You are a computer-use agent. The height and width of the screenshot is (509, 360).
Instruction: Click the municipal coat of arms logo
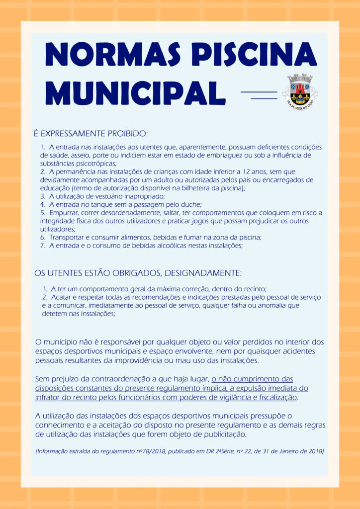[x=300, y=90]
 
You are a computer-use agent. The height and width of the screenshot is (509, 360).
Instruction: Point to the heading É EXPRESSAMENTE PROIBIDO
[x=90, y=134]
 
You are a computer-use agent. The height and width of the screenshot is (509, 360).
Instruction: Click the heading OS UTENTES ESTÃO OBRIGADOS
[x=138, y=273]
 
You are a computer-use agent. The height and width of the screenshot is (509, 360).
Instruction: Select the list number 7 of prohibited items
[x=43, y=246]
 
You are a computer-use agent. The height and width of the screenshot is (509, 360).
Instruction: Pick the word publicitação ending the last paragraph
[x=222, y=434]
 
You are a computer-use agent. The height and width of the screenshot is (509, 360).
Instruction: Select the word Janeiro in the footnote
[x=291, y=451]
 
